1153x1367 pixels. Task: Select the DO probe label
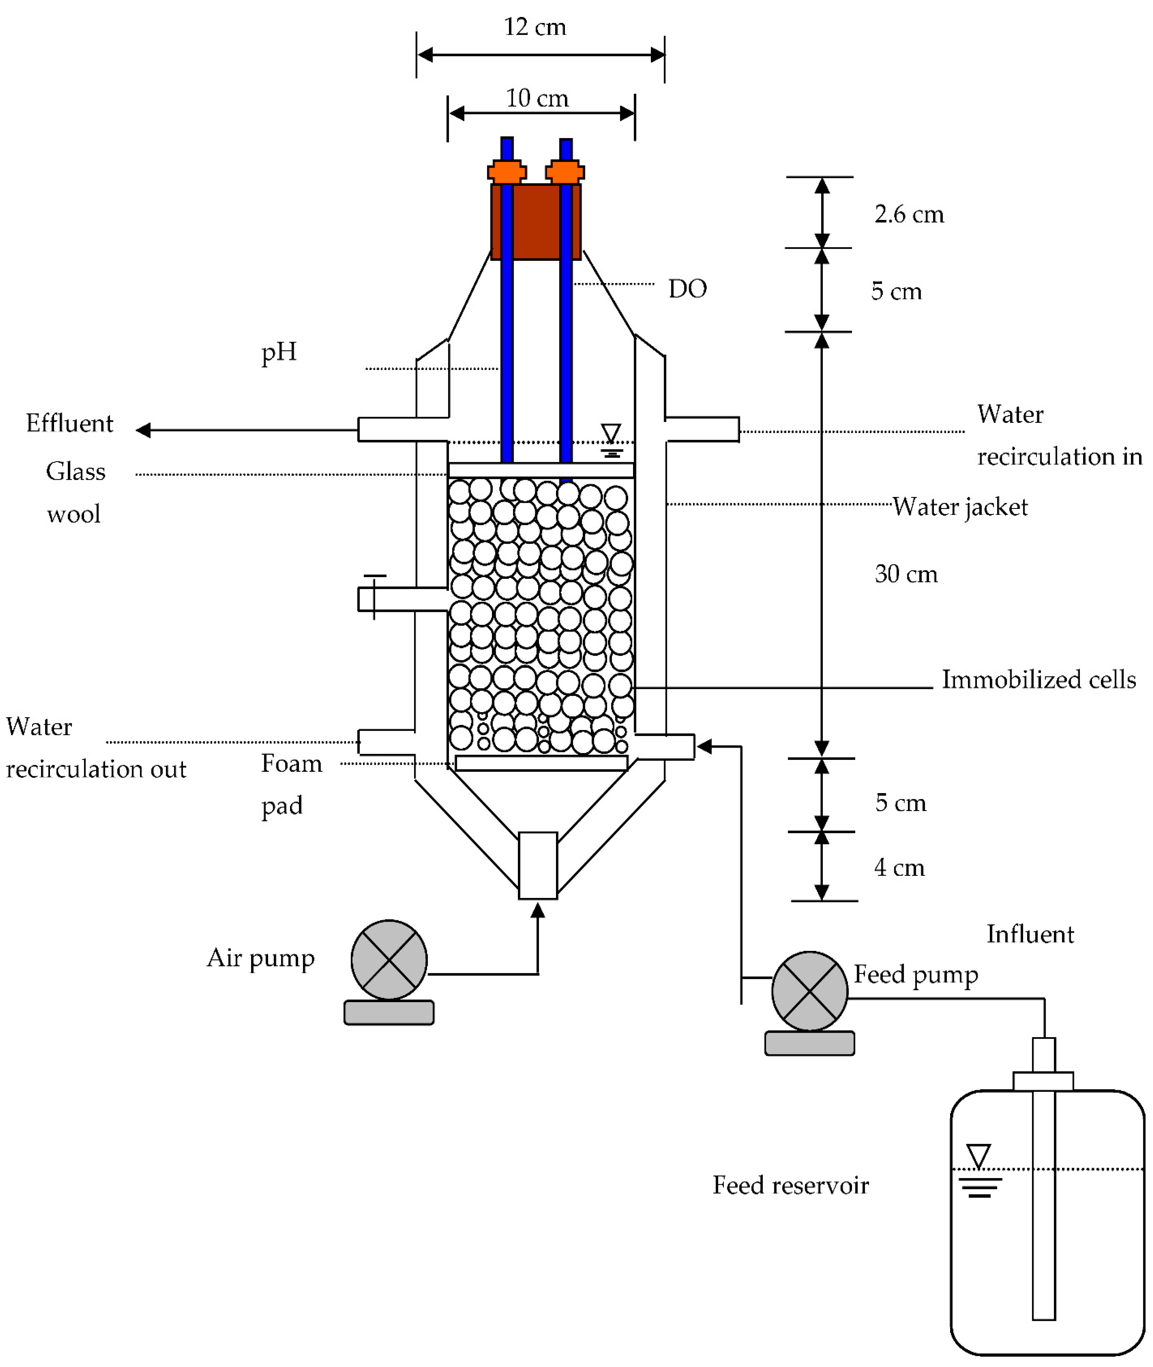(x=687, y=288)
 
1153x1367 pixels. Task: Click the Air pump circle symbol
(x=389, y=960)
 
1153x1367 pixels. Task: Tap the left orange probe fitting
(x=507, y=172)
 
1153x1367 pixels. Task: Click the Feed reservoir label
(x=790, y=1185)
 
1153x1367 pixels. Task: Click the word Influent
(x=1030, y=934)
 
